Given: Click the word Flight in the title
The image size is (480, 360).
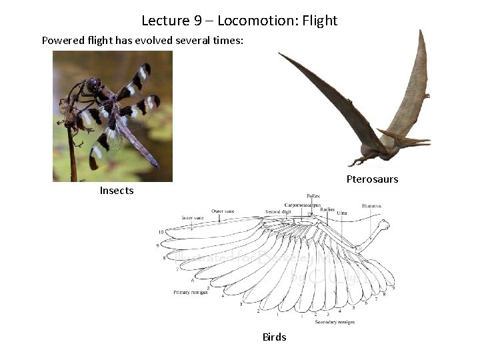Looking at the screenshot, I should click(320, 21).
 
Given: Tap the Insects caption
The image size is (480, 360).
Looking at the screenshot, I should click(117, 191).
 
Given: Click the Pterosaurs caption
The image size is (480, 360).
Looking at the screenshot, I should click(372, 179).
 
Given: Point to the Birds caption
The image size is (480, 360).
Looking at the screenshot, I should click(274, 337).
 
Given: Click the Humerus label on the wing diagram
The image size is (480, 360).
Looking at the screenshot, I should click(372, 206).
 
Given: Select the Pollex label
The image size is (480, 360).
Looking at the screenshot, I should click(313, 196).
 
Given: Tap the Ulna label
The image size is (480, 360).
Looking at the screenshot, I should click(342, 213).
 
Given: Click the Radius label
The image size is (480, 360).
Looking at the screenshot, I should click(327, 209).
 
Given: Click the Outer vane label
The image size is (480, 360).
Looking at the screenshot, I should click(223, 211).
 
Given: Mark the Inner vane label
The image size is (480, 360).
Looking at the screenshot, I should click(192, 217).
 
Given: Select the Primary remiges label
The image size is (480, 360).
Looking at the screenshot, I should click(190, 292).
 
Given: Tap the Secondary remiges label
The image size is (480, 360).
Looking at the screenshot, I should click(334, 322).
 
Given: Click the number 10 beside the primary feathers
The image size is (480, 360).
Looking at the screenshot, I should click(161, 231).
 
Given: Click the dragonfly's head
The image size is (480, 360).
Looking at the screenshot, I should click(93, 85).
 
